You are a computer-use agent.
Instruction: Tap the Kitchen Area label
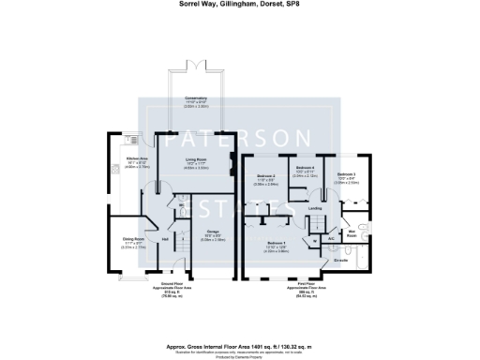tap(138, 162)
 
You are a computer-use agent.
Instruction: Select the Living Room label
tap(196, 161)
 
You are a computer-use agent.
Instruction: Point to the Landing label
tap(315, 208)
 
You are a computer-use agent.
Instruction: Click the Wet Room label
tap(353, 232)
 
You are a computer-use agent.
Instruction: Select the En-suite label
tap(340, 259)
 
